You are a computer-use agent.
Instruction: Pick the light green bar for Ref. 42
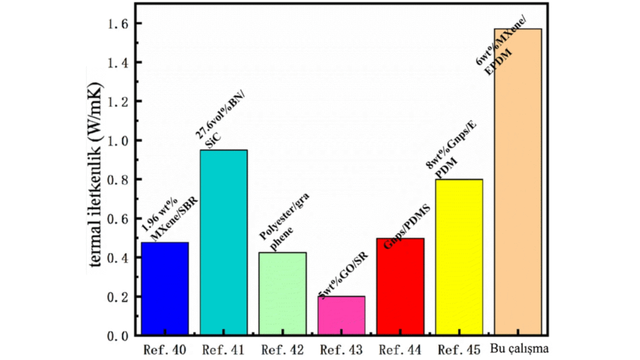pyautogui.click(x=282, y=294)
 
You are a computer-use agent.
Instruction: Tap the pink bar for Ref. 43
pyautogui.click(x=341, y=316)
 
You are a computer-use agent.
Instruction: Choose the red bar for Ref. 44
pyautogui.click(x=400, y=287)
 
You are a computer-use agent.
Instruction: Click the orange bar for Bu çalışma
pyautogui.click(x=517, y=182)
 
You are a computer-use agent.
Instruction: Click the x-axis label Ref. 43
pyautogui.click(x=341, y=349)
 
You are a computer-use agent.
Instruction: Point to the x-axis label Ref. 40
pyautogui.click(x=164, y=349)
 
